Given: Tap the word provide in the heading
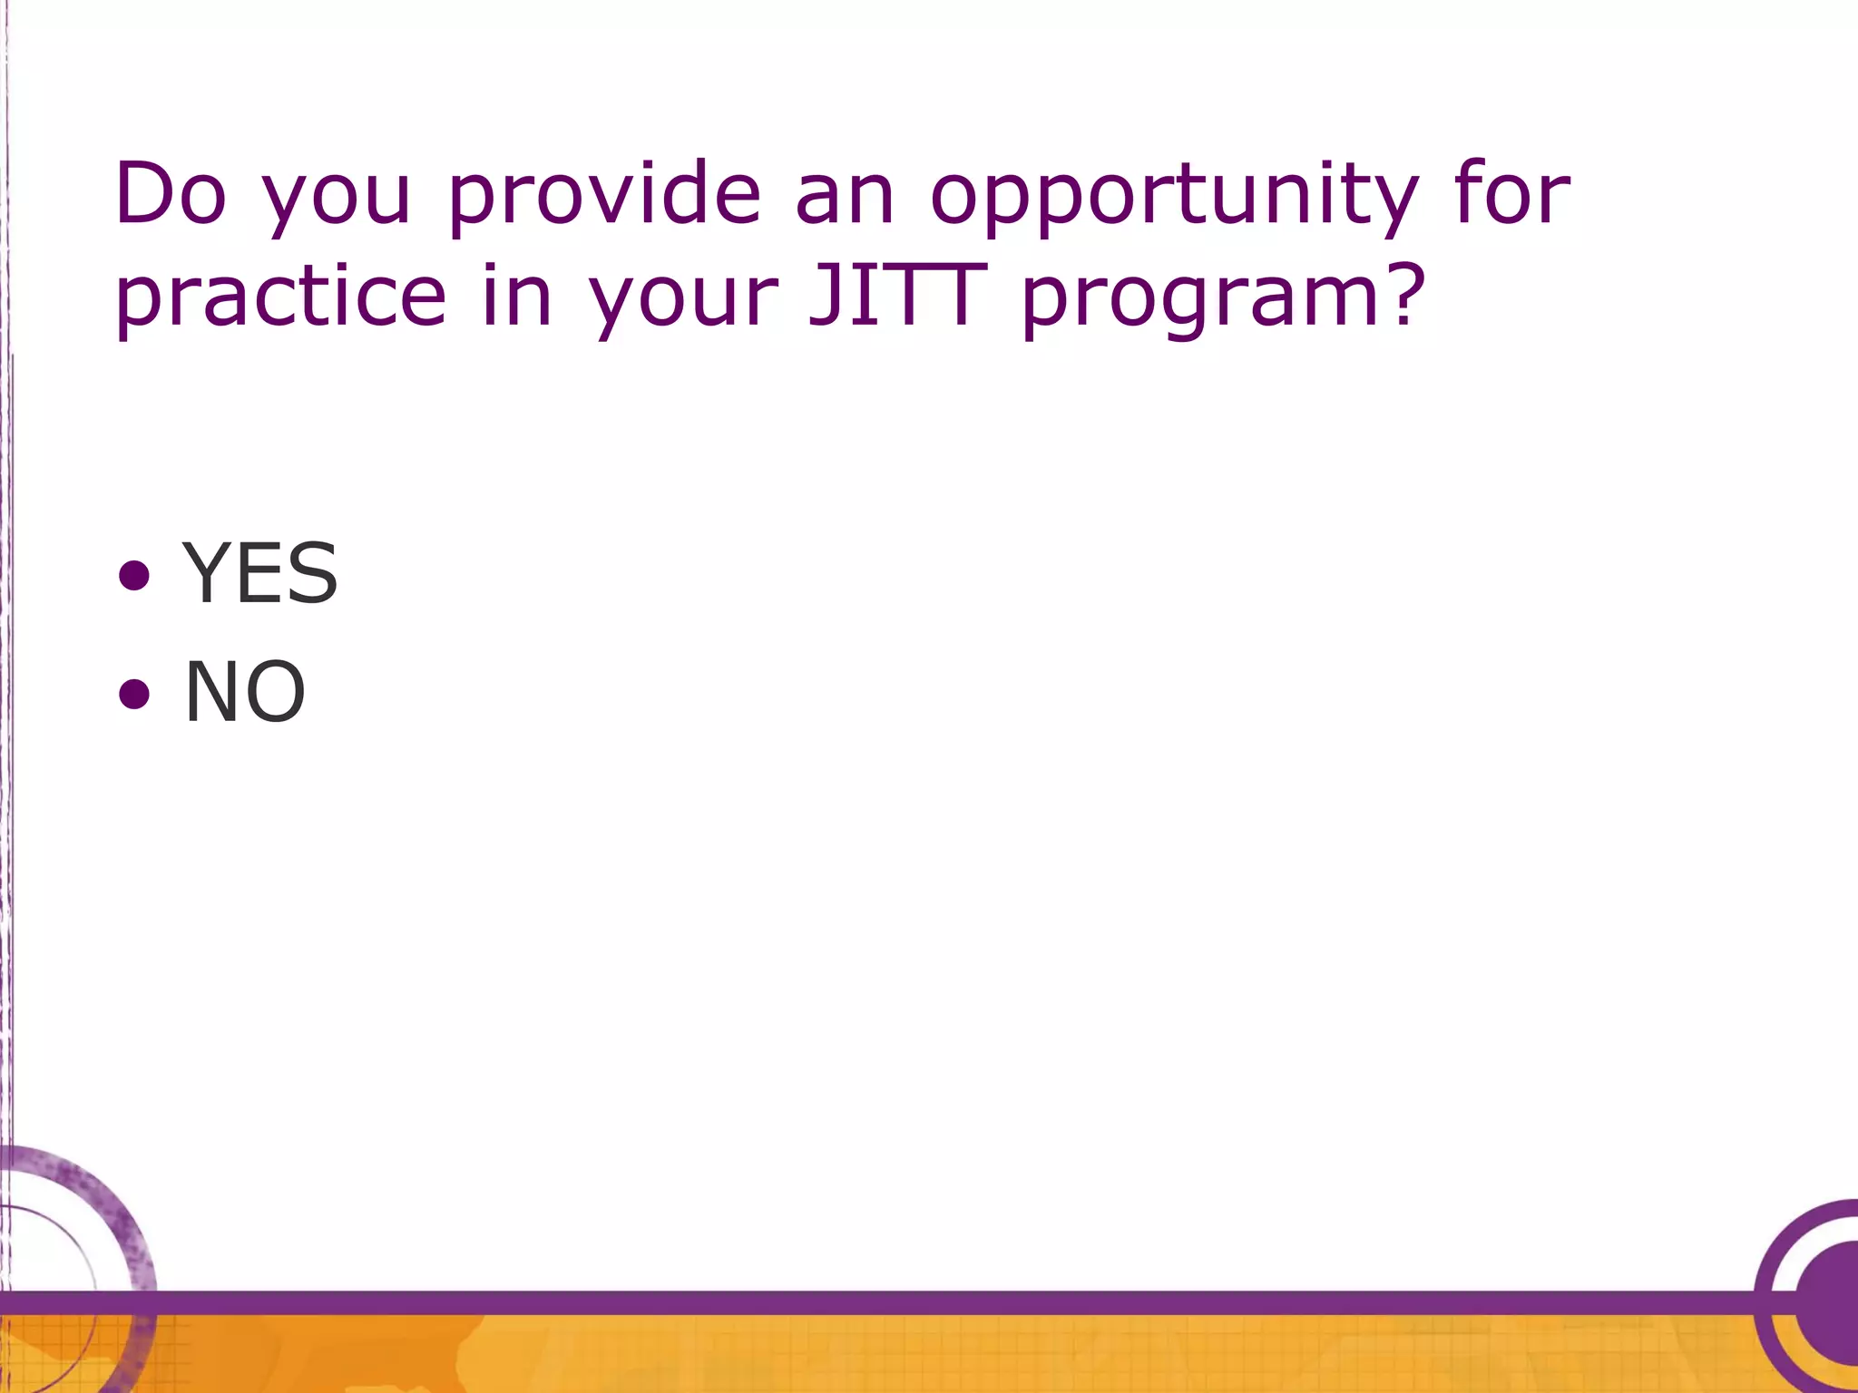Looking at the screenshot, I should point(604,195).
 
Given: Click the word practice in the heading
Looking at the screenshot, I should point(281,297).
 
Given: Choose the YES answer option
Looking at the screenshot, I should point(259,573).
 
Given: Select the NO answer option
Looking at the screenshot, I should point(245,692).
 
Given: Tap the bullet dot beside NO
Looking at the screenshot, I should point(134,694).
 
